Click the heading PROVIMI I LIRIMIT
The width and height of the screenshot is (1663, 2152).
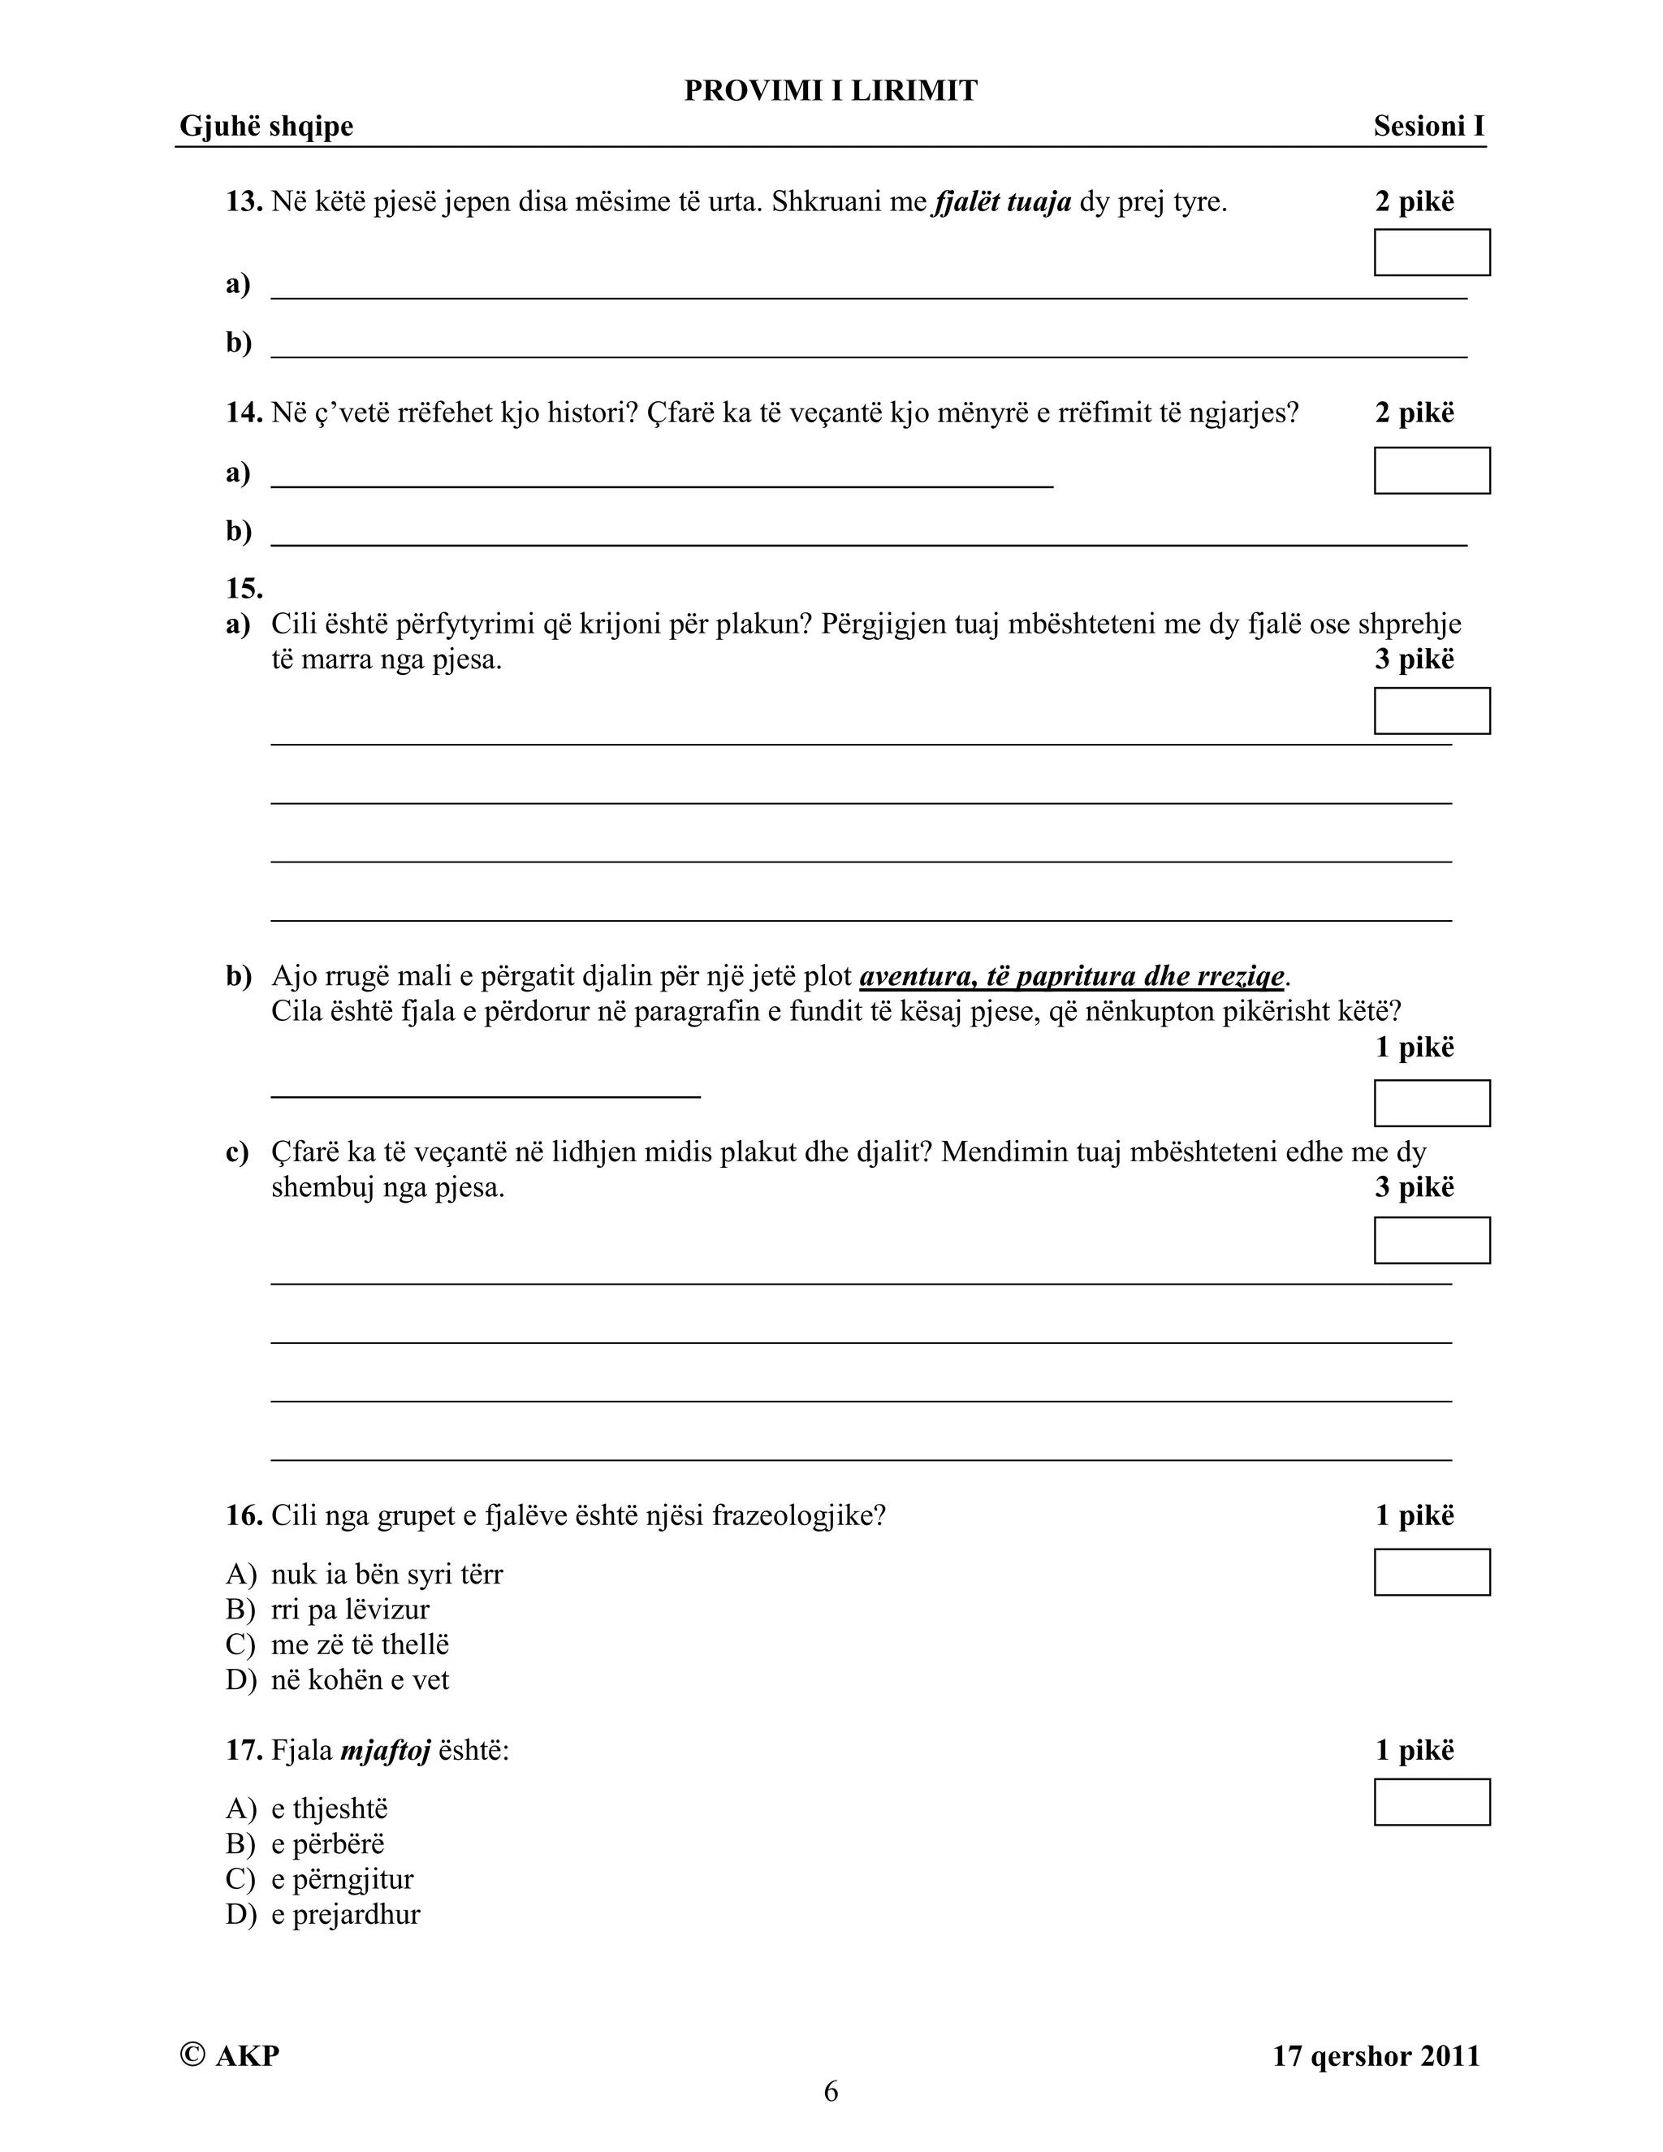(x=831, y=91)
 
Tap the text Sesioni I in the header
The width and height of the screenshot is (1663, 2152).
(x=1428, y=126)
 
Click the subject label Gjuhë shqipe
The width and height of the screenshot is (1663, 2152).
(x=266, y=126)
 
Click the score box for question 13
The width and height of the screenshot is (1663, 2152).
(x=1432, y=253)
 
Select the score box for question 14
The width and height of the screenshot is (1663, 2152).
(x=1432, y=470)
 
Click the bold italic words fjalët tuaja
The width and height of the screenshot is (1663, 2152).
(x=1002, y=202)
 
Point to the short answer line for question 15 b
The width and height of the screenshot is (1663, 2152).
(x=485, y=1094)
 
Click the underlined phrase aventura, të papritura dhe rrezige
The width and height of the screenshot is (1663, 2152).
(x=1072, y=976)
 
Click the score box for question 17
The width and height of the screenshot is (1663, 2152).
(x=1432, y=1801)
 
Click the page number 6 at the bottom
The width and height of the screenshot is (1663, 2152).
(x=831, y=2091)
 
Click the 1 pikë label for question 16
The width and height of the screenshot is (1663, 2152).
(x=1414, y=1515)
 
